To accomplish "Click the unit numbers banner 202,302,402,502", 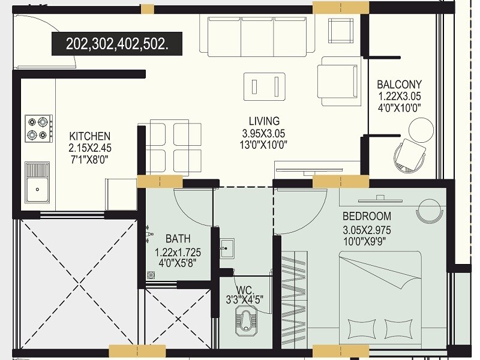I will pyautogui.click(x=116, y=44).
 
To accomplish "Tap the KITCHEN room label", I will pyautogui.click(x=89, y=136).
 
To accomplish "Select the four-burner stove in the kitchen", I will pyautogui.click(x=38, y=128).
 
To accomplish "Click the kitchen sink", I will pyautogui.click(x=37, y=182).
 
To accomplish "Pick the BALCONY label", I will pyautogui.click(x=399, y=85).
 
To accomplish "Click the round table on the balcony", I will pyautogui.click(x=421, y=129).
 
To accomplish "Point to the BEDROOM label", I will pyautogui.click(x=367, y=216).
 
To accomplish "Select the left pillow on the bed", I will pyautogui.click(x=361, y=329).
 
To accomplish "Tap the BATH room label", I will pyautogui.click(x=178, y=239).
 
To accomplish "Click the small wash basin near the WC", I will pyautogui.click(x=226, y=248).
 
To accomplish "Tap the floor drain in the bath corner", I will pyautogui.click(x=151, y=275).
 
